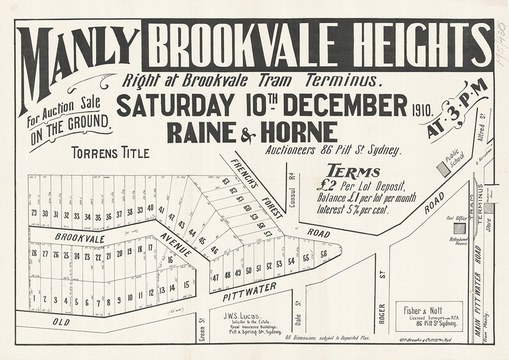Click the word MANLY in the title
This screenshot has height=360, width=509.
[78, 59]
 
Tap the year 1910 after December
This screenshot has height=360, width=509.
[422, 112]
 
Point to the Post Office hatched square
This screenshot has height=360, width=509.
[459, 228]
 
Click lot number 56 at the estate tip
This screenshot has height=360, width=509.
[324, 254]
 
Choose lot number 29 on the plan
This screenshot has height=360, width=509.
[34, 213]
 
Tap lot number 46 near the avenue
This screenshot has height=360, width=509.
[214, 250]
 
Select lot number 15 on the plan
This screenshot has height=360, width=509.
[186, 285]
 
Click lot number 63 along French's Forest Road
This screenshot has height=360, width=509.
[225, 182]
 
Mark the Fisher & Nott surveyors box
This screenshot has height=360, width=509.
[429, 316]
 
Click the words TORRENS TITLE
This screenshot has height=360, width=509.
[110, 153]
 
